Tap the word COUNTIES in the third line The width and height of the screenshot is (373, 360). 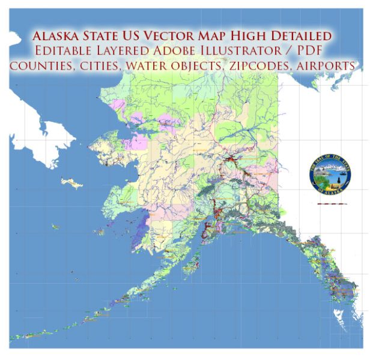point(46,65)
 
